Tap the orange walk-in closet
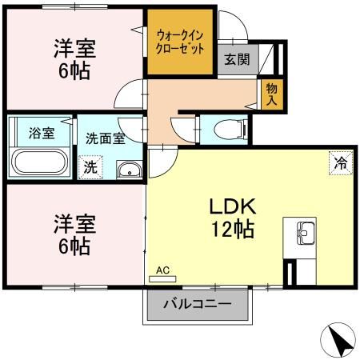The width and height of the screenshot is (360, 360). click(x=179, y=42)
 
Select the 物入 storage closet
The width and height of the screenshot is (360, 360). click(x=272, y=94)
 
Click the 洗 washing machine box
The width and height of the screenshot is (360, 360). click(x=90, y=167)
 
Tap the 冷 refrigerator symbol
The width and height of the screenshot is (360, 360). click(x=340, y=162)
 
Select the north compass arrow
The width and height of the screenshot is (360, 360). click(x=339, y=342)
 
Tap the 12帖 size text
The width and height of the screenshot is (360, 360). click(x=232, y=230)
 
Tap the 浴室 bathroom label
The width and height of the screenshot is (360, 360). click(x=42, y=133)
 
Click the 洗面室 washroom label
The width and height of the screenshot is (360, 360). click(x=105, y=138)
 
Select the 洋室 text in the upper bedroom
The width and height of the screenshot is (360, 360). click(x=74, y=46)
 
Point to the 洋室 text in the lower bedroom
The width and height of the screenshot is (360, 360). click(x=74, y=221)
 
